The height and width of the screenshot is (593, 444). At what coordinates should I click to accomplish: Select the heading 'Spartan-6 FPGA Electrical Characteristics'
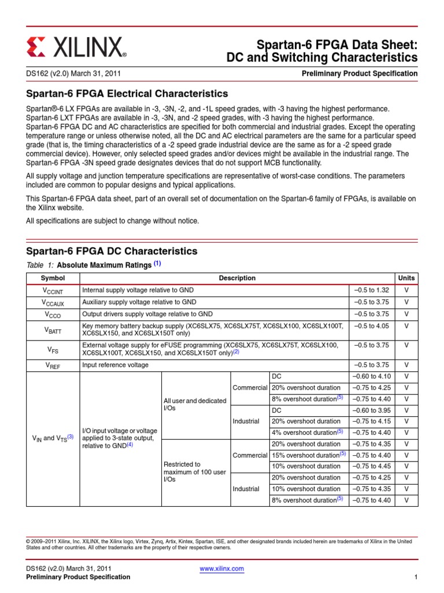127,94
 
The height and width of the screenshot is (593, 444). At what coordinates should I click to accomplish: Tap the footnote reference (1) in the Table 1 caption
157,264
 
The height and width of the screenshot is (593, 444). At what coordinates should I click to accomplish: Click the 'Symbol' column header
53,278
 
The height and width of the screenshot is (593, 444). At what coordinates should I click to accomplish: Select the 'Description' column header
237,278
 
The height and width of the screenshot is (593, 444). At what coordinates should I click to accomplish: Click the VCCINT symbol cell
53,290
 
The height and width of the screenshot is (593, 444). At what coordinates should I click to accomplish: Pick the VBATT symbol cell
53,330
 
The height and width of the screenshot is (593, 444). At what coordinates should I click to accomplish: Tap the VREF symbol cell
53,365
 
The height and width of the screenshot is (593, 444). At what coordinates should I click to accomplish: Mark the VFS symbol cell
53,349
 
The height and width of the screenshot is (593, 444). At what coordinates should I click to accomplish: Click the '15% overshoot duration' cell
308,455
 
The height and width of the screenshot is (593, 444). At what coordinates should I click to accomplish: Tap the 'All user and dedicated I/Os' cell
195,404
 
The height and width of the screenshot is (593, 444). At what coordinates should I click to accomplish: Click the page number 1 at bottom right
416,577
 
